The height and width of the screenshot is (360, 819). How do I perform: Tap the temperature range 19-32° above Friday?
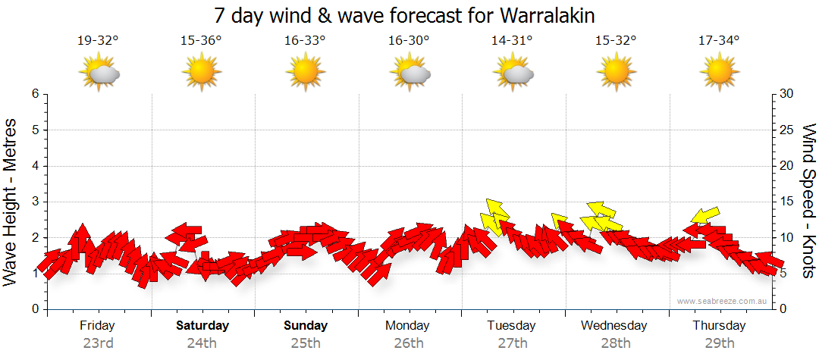click(x=98, y=41)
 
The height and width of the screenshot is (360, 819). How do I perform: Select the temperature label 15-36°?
click(x=202, y=41)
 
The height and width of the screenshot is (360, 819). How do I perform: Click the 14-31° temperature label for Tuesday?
click(x=513, y=41)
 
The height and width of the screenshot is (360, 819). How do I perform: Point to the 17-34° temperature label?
click(x=720, y=41)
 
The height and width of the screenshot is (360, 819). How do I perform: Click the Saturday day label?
click(x=202, y=326)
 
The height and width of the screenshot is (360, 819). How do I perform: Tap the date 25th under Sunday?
click(x=306, y=343)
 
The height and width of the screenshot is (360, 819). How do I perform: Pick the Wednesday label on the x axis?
click(x=614, y=326)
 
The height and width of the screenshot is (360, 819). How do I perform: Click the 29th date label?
click(x=719, y=343)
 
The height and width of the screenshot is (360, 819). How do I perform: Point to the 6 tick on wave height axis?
click(x=35, y=94)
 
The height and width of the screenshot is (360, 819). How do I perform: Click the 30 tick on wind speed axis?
click(x=787, y=94)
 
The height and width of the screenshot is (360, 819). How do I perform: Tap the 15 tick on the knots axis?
click(x=787, y=202)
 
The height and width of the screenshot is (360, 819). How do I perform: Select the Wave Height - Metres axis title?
click(x=11, y=202)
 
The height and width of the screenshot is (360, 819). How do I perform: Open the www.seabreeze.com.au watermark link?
click(x=723, y=301)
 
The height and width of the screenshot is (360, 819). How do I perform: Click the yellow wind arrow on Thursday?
click(x=705, y=215)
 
